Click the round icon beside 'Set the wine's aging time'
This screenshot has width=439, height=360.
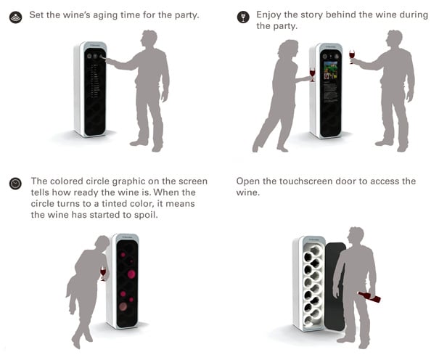(16, 17)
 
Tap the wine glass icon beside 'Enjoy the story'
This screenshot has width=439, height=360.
(243, 17)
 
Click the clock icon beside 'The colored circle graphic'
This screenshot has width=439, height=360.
(15, 184)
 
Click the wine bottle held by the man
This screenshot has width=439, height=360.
(370, 297)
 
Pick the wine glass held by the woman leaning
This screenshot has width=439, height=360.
(103, 274)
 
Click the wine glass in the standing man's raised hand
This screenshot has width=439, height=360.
(352, 57)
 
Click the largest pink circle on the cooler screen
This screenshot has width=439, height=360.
(131, 274)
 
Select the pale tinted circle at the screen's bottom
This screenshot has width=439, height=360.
(123, 306)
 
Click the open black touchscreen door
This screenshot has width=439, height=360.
(335, 285)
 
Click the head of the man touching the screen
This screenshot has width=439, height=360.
(149, 40)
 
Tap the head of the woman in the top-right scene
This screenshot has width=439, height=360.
(288, 49)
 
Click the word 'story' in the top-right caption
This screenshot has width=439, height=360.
(311, 15)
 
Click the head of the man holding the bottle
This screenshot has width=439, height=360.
(356, 237)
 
